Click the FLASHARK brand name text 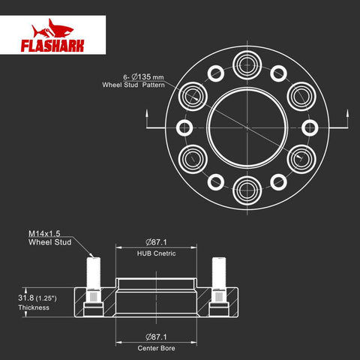pos(52,46)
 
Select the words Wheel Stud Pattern pos(133,85)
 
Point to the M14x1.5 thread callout pos(44,233)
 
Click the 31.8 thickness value pos(25,298)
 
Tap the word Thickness pos(34,307)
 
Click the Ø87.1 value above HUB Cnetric pos(156,242)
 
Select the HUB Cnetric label pos(156,253)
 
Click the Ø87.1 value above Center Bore pos(156,337)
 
